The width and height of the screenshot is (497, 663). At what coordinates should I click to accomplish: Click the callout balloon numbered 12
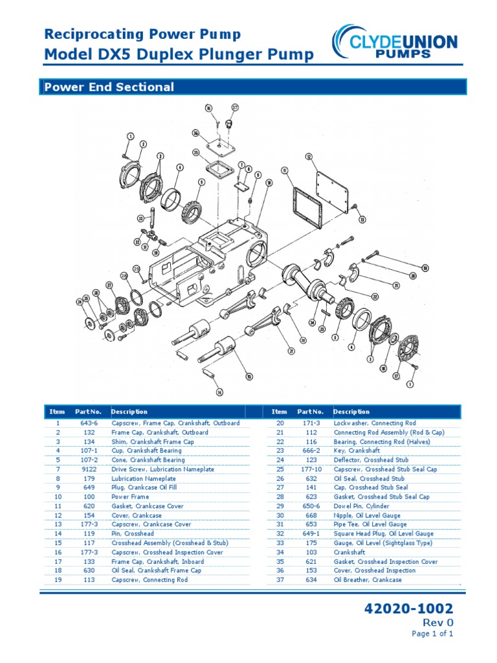(x=309, y=157)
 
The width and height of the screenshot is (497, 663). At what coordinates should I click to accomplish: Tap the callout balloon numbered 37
(x=235, y=107)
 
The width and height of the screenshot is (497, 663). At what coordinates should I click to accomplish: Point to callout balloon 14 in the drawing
(x=219, y=392)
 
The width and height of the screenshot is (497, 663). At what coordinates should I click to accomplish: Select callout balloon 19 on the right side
(x=425, y=267)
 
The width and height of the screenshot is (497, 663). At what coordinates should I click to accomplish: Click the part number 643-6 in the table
(x=89, y=423)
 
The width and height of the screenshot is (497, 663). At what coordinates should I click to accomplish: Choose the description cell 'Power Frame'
(x=129, y=497)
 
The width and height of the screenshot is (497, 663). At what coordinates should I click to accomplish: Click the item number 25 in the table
(x=280, y=469)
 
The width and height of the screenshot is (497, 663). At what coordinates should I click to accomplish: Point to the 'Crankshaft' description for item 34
(x=349, y=552)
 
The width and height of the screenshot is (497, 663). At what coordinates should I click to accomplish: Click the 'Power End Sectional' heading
(x=108, y=87)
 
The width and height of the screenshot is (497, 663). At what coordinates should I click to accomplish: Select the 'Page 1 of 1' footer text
(x=432, y=634)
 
